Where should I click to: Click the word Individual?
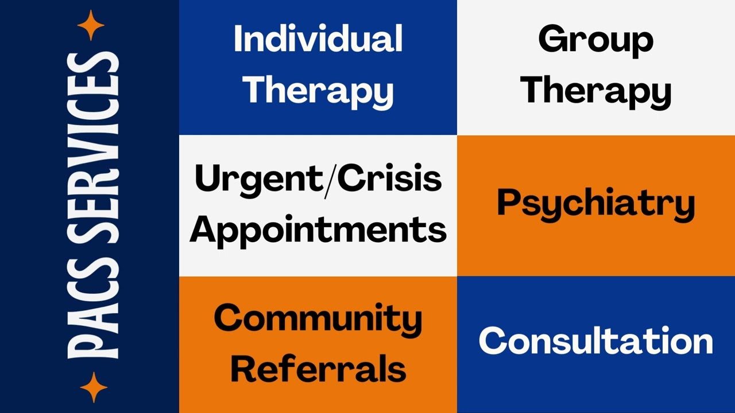(318, 40)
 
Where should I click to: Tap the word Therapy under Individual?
(318, 90)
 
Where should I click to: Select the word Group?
(595, 40)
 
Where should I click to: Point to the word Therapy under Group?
(595, 90)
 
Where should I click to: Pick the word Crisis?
(389, 179)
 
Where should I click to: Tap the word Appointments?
(318, 229)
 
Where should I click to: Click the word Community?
(318, 318)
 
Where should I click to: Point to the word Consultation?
(595, 341)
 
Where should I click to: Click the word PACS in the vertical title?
(92, 319)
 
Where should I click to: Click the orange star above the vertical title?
(91, 25)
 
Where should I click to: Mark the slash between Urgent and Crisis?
(329, 179)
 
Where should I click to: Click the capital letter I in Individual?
(237, 40)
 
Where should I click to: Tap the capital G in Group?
(552, 40)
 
